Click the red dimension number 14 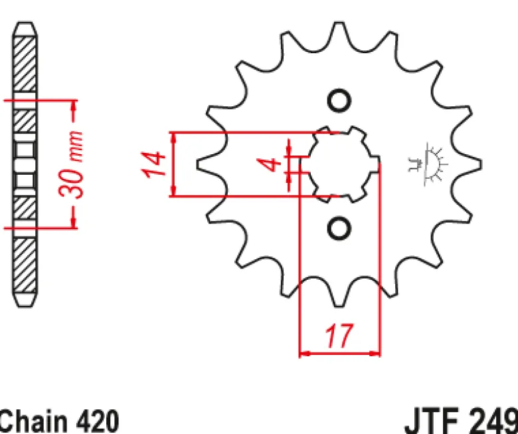[153, 164]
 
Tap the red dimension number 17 [339, 336]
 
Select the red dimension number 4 [269, 165]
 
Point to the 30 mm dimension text [70, 165]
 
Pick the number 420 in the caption [98, 421]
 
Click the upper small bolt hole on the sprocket [339, 100]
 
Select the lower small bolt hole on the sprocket [339, 228]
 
